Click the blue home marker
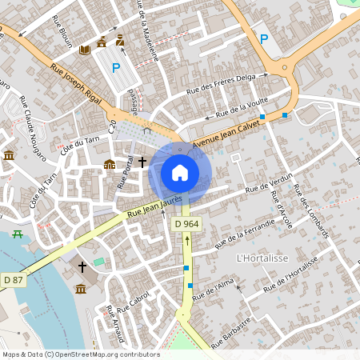pyautogui.click(x=180, y=173)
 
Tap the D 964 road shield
pyautogui.click(x=186, y=224)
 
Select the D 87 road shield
pyautogui.click(x=14, y=279)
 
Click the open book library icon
pyautogui.click(x=85, y=50)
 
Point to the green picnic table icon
pyautogui.click(x=17, y=234)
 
